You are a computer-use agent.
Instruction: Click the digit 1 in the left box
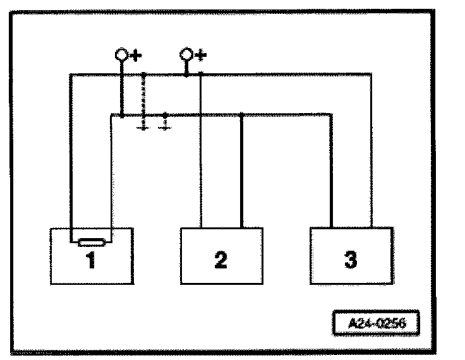[x=90, y=260]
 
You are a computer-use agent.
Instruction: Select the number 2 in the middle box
[x=220, y=260]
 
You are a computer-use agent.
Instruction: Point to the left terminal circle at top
[x=121, y=54]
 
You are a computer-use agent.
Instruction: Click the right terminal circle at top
[x=186, y=54]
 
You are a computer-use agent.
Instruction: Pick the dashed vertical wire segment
[x=144, y=95]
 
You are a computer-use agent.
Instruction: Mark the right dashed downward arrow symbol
[x=165, y=124]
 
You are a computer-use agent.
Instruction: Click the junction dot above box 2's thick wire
[x=243, y=115]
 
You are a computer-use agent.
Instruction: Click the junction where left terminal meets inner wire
[x=121, y=115]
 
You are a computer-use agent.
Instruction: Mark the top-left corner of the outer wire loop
[x=71, y=75]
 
